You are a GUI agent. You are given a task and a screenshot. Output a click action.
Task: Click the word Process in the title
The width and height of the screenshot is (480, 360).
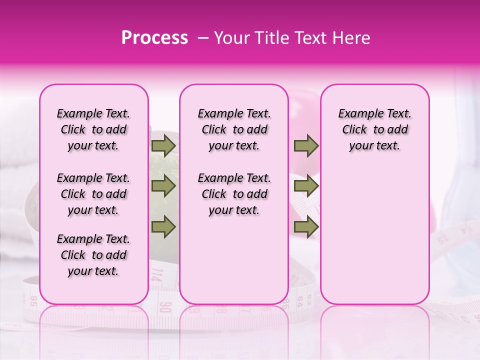pos(154,38)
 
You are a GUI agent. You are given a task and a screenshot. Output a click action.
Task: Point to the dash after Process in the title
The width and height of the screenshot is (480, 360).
pos(203,38)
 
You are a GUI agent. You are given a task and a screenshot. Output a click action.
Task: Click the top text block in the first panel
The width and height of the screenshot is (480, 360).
pos(93,129)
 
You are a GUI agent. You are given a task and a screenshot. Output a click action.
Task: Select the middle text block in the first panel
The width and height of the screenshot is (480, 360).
pos(93,194)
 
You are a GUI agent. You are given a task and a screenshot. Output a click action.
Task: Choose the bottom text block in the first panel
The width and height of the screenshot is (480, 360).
pos(93,255)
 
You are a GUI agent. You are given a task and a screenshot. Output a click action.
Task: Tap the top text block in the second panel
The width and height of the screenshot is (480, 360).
pos(234,129)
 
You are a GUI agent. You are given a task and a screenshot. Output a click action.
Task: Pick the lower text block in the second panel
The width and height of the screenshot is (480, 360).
pos(234,194)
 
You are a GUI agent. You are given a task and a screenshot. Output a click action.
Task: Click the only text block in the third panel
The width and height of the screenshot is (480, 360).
pos(374,129)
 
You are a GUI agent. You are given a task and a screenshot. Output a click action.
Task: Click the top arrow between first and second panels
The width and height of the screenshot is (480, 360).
pos(163,145)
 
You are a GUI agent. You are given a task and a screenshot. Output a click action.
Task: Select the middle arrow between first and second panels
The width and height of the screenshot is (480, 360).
pos(163,186)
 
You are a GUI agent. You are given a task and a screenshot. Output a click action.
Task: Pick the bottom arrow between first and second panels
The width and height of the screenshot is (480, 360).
pos(163,226)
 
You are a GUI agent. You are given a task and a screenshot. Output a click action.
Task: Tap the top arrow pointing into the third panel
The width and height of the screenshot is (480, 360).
pos(306,145)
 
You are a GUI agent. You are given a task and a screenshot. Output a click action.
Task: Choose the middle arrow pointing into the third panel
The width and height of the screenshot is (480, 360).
pos(306,186)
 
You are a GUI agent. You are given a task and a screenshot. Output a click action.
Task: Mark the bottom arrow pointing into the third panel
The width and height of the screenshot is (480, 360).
pos(306,226)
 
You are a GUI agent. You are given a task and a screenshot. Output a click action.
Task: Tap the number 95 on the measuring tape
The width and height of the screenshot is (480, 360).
pos(33,301)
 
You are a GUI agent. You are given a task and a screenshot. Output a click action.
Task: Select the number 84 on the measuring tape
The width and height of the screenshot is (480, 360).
pos(299,301)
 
